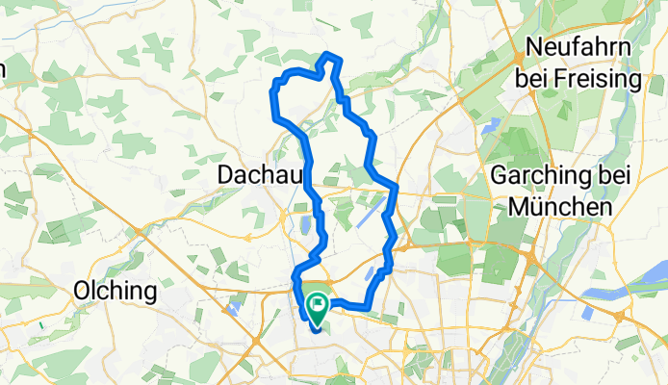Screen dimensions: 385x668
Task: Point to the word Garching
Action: (x=535, y=176)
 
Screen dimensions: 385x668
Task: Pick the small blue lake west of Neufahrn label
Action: (x=494, y=123)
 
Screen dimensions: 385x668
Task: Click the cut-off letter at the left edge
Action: (x=3, y=69)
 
